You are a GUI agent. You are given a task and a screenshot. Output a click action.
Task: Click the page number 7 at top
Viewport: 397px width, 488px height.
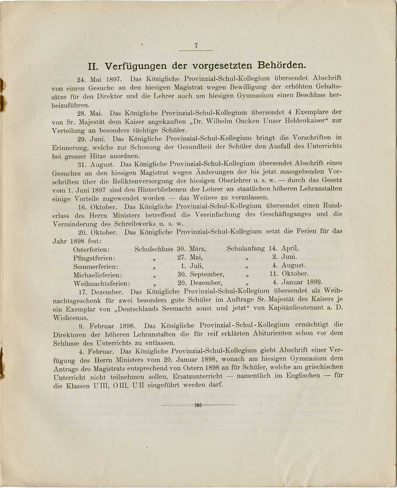(196, 46)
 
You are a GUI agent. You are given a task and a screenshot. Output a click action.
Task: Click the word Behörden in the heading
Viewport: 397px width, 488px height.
(281, 66)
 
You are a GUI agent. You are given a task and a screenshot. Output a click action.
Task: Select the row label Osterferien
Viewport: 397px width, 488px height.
(91, 249)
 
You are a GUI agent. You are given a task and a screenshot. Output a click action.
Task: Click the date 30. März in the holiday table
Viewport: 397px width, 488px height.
(192, 249)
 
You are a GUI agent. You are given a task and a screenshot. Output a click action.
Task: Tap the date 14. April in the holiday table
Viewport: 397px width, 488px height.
(284, 248)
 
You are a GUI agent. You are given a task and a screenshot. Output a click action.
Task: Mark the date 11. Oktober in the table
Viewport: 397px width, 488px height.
(289, 274)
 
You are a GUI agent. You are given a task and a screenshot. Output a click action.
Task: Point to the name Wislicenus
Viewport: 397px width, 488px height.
(70, 318)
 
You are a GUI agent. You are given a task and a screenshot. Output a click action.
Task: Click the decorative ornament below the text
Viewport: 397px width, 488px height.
(198, 405)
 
